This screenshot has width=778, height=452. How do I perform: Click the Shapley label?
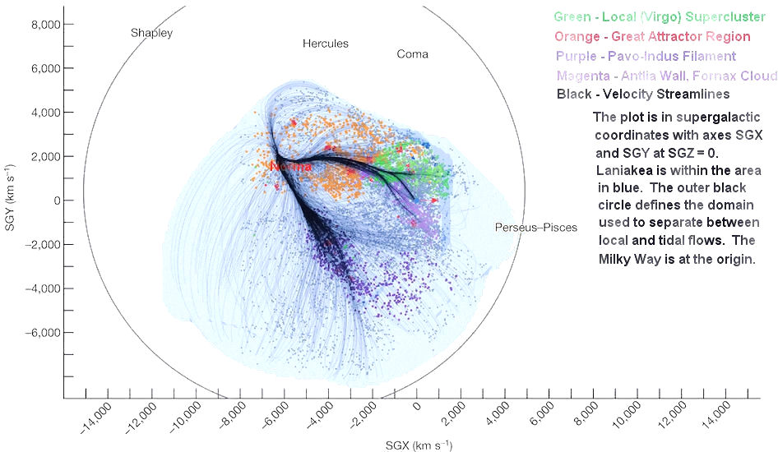152,33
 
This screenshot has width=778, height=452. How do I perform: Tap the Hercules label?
325,44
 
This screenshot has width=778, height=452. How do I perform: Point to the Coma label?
412,54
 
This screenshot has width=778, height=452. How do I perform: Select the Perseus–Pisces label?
535,228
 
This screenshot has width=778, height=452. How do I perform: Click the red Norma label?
291,167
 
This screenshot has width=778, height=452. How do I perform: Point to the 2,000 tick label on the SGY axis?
37,156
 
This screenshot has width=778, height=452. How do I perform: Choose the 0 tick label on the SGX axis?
417,408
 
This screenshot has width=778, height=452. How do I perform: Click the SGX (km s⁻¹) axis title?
417,445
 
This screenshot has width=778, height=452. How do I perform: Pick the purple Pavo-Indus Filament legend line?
646,57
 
